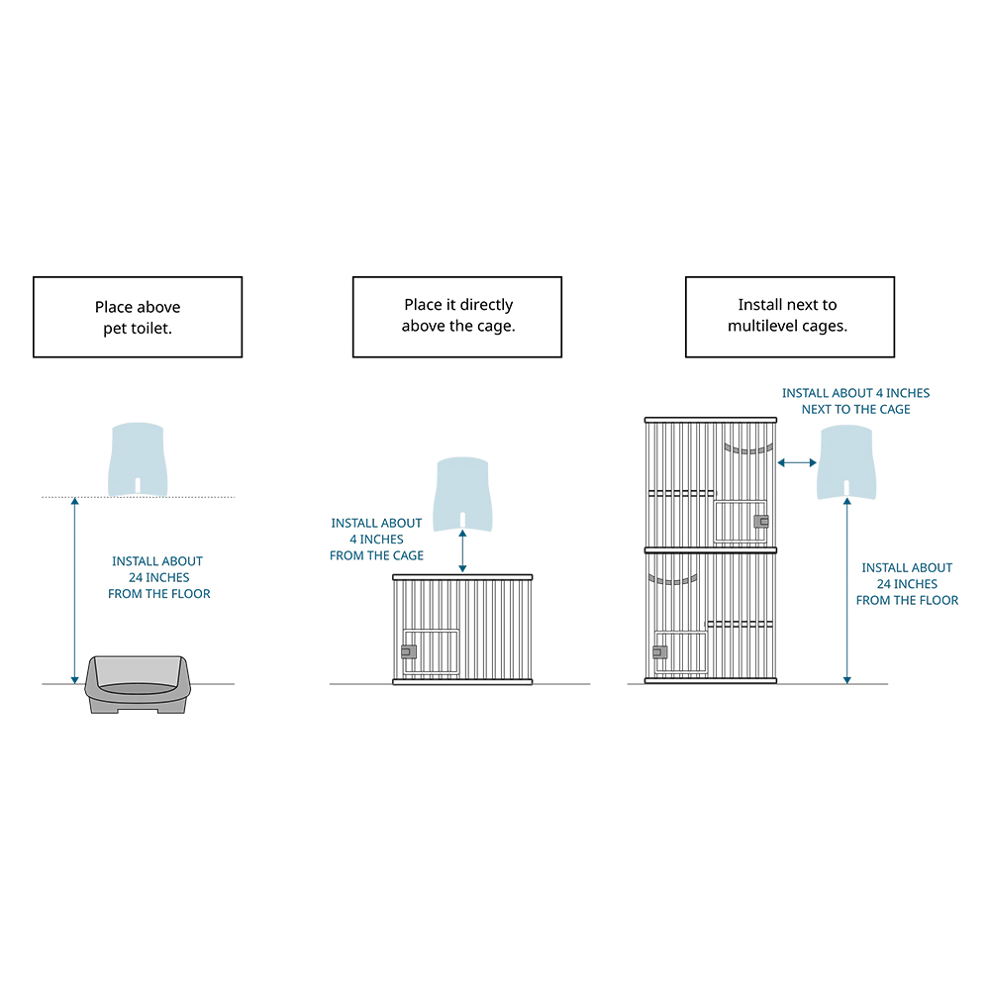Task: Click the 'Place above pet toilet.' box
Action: coord(138,317)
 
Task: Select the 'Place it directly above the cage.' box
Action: coord(457,317)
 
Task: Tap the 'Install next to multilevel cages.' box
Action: coord(789,317)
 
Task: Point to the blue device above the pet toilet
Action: coord(139,457)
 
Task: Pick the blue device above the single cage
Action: coord(462,493)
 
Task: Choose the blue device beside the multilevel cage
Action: coord(846,461)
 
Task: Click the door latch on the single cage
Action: coord(408,651)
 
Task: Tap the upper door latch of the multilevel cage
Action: coord(760,522)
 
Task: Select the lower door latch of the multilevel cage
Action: coord(659,652)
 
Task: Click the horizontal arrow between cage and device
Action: coord(797,462)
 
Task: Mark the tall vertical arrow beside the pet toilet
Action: coord(74,591)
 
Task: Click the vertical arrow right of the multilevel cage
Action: coord(846,592)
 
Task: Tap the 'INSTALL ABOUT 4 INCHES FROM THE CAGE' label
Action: coord(376,540)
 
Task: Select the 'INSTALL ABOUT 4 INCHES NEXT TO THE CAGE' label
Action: coord(855,401)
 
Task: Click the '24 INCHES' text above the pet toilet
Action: coord(158,577)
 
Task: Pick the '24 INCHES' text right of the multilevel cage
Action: coord(907,584)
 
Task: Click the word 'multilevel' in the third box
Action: coord(761,326)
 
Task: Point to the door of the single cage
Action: coord(432,653)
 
